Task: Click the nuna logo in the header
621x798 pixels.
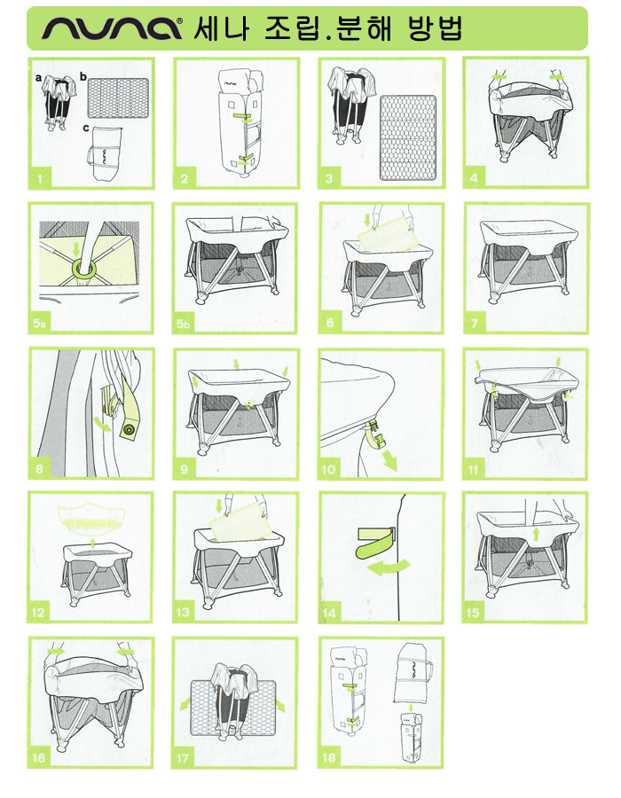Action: [x=112, y=28]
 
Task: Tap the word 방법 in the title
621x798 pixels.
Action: [x=436, y=28]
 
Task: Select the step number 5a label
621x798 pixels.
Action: [x=39, y=323]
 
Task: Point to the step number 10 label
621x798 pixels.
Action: [x=328, y=469]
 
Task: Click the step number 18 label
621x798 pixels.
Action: [x=329, y=758]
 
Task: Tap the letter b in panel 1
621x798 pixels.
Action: [x=83, y=77]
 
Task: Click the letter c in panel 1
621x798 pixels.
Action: [x=86, y=128]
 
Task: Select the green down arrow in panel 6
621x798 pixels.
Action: [x=367, y=221]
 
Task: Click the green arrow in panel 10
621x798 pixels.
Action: [x=390, y=459]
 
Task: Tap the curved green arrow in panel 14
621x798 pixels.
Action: [x=389, y=567]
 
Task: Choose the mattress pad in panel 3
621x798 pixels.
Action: [x=408, y=137]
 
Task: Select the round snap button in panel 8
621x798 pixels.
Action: [x=129, y=431]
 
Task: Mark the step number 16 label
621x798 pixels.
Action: [x=39, y=758]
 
